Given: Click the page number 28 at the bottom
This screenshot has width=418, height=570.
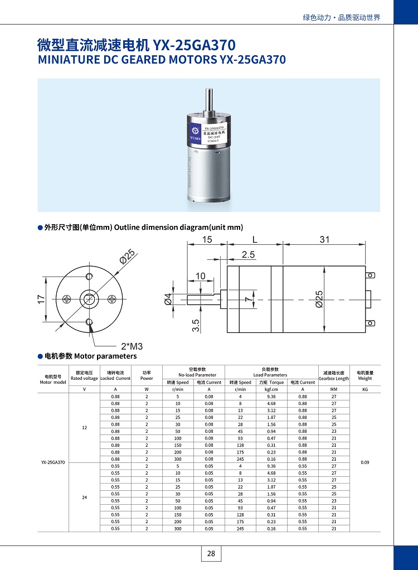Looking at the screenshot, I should tap(211, 553).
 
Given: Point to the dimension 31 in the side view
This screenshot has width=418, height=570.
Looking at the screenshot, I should tap(325, 239).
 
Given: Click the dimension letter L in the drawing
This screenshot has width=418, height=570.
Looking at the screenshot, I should tap(255, 239).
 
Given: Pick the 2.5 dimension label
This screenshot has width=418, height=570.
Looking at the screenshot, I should tap(248, 255).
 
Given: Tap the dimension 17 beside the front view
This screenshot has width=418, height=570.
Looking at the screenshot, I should tap(41, 299).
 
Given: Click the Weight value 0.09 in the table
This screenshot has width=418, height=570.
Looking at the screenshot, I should tap(364, 462).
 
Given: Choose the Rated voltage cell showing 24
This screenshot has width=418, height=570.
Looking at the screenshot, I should tap(84, 497).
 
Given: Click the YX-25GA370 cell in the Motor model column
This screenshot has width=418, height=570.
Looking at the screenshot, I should tap(53, 462).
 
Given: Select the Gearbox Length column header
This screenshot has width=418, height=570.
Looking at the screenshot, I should tap(333, 375).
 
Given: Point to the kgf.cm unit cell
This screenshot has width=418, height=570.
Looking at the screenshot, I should tap(271, 389).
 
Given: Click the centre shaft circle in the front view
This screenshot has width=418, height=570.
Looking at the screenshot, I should tap(89, 298).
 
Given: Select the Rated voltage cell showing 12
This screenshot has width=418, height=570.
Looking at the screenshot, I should tap(84, 428).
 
